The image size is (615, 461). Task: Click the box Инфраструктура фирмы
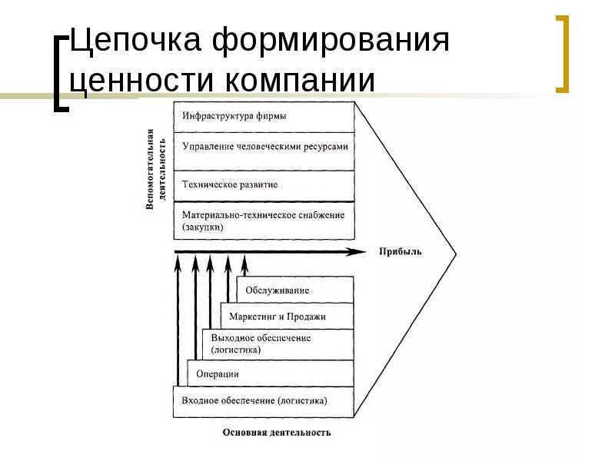(x=264, y=117)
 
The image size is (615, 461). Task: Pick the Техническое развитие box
(x=264, y=185)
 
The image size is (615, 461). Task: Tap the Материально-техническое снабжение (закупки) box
(x=264, y=221)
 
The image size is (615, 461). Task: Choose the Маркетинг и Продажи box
(x=287, y=316)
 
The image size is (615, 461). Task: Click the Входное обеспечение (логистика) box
(x=263, y=401)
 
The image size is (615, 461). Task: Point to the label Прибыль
(x=400, y=252)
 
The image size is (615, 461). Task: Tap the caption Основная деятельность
(x=277, y=433)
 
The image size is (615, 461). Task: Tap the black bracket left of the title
(x=61, y=73)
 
